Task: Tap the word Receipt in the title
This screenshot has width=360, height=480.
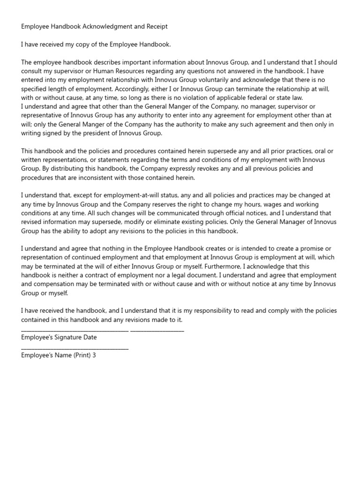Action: click(156, 27)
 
